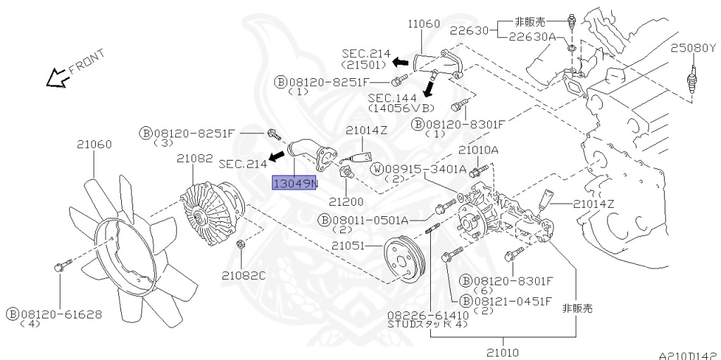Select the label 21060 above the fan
[94, 144]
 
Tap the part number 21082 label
[195, 159]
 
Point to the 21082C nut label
[244, 275]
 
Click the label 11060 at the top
[424, 23]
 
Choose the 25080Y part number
[694, 48]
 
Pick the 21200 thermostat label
[346, 201]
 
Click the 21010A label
[478, 150]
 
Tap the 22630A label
[532, 37]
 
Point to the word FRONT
[87, 62]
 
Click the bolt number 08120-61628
[60, 314]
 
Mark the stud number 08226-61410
[428, 316]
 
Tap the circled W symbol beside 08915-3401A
[377, 169]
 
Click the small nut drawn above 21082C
[239, 244]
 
